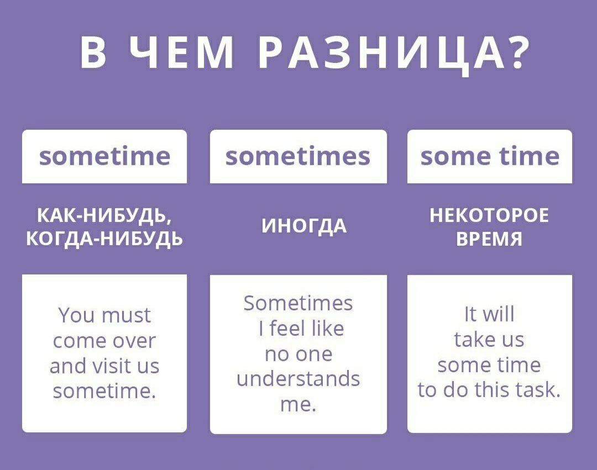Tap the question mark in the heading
click(x=516, y=53)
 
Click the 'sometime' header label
click(x=104, y=156)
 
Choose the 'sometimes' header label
click(x=298, y=156)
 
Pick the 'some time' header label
click(x=490, y=156)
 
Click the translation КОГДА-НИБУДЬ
click(x=104, y=239)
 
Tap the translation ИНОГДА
click(x=304, y=226)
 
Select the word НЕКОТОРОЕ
click(x=489, y=215)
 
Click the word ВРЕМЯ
click(x=489, y=239)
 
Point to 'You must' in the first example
click(x=104, y=315)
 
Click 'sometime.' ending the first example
click(x=104, y=390)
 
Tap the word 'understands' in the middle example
click(x=298, y=379)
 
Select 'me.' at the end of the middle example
click(x=298, y=405)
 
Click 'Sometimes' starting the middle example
click(x=298, y=303)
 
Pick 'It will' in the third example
click(x=489, y=314)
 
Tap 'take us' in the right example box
click(x=489, y=339)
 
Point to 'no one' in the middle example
click(x=298, y=355)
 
